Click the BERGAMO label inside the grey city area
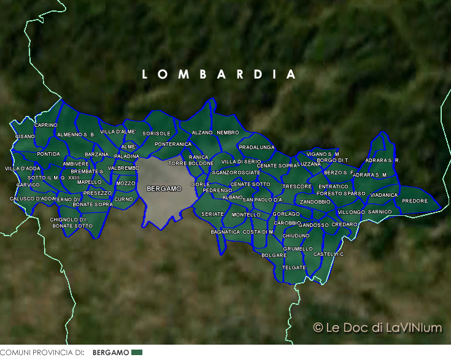tap(164, 188)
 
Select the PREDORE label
tap(415, 201)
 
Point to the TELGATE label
tap(295, 267)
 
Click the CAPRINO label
tap(46, 125)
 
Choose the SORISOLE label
tap(156, 133)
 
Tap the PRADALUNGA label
tap(256, 147)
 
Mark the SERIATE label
tap(213, 213)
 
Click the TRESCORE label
tap(297, 186)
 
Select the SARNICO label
tap(380, 212)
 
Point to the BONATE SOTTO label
tap(72, 226)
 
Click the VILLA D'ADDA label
tap(23, 168)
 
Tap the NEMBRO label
tap(228, 132)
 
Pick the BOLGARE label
tap(274, 255)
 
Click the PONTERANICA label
tap(173, 144)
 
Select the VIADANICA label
tap(384, 195)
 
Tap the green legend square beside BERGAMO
tap(137, 353)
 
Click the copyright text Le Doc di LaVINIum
tap(377, 327)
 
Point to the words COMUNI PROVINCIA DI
tap(42, 353)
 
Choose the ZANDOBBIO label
tap(315, 202)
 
